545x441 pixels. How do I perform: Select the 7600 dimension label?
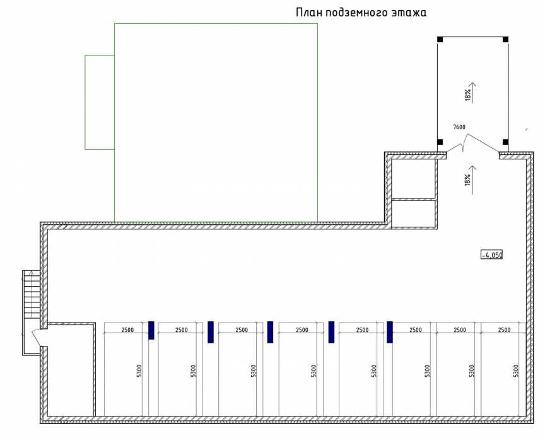pyautogui.click(x=459, y=127)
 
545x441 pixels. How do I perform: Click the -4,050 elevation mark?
pyautogui.click(x=491, y=255)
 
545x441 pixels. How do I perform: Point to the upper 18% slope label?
pyautogui.click(x=468, y=94)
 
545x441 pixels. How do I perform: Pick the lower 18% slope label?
pyautogui.click(x=468, y=180)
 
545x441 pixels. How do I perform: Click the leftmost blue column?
pyautogui.click(x=151, y=330)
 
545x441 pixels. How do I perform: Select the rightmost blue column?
pyautogui.click(x=390, y=332)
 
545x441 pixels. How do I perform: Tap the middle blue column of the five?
pyautogui.click(x=270, y=332)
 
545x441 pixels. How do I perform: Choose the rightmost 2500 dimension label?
pyautogui.click(x=504, y=329)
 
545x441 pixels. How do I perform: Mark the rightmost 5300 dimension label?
pyautogui.click(x=516, y=372)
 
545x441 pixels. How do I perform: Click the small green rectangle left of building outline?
pyautogui.click(x=100, y=102)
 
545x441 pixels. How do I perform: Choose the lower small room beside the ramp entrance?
pyautogui.click(x=413, y=213)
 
